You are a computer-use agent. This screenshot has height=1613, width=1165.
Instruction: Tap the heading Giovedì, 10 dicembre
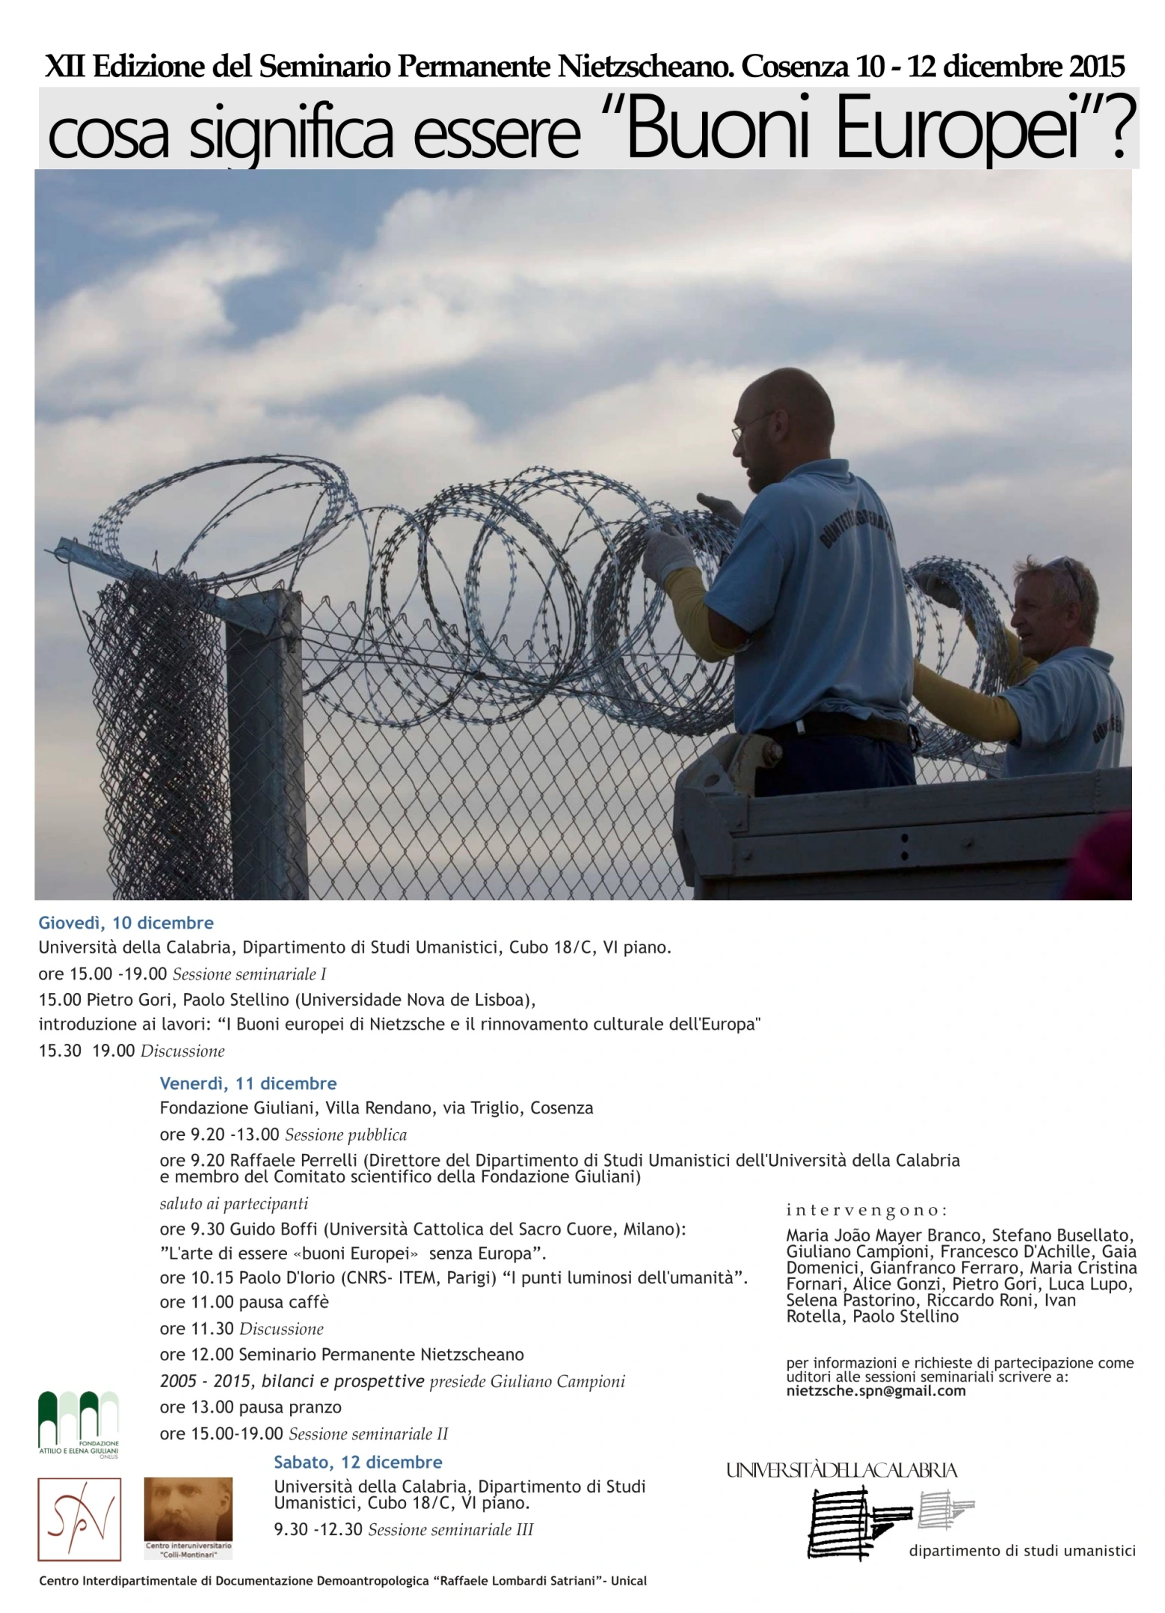pyautogui.click(x=126, y=923)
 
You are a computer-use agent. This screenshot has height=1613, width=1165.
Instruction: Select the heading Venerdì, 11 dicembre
pyautogui.click(x=248, y=1084)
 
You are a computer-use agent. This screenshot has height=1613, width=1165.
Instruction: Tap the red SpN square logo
pyautogui.click(x=79, y=1519)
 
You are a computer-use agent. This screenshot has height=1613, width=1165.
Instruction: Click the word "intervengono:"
pyautogui.click(x=867, y=1210)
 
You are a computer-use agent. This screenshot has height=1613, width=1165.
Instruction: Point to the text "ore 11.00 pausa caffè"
pyautogui.click(x=245, y=1302)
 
